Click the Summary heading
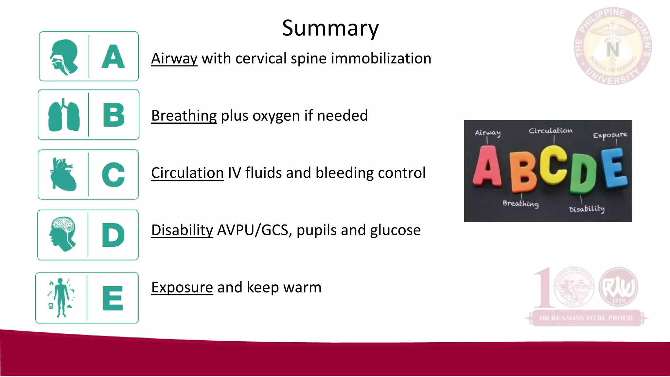click(330, 28)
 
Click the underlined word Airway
click(174, 59)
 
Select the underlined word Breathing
click(184, 116)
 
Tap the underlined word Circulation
click(187, 173)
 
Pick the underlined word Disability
click(182, 230)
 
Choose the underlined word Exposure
click(182, 288)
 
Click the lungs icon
click(64, 115)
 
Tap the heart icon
click(63, 174)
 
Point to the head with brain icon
click(63, 234)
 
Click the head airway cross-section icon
click(64, 57)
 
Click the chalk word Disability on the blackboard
click(587, 208)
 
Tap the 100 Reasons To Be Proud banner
click(586, 318)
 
